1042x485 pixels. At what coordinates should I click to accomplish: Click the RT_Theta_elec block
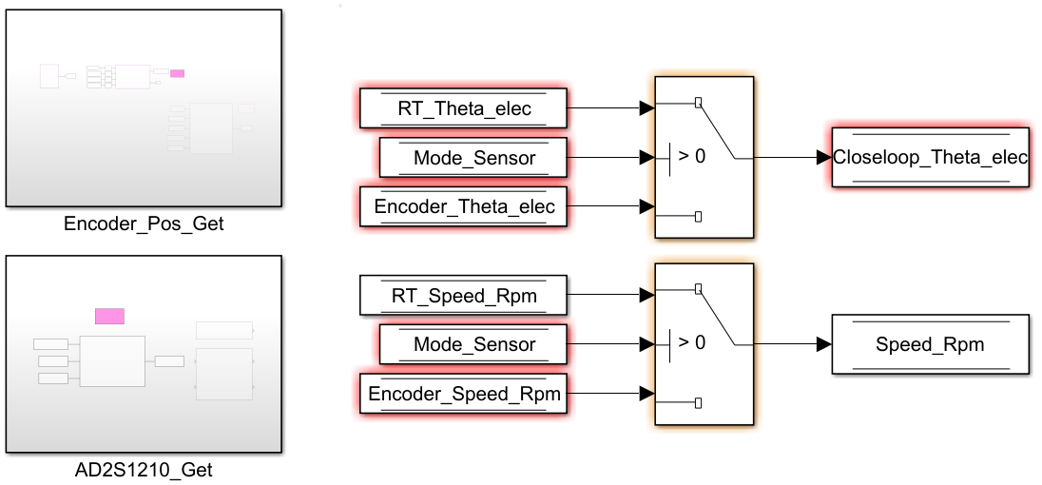tap(463, 108)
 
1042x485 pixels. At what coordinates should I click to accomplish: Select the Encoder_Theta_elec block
tap(463, 206)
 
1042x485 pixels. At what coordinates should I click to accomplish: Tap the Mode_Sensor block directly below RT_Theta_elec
tap(473, 158)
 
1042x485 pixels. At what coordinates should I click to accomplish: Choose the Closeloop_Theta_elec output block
tap(930, 157)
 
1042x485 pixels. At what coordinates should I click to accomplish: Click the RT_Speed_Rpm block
tap(463, 296)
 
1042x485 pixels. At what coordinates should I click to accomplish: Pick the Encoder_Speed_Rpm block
tap(463, 393)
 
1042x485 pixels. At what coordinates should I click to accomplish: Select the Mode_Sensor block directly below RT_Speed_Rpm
tap(473, 344)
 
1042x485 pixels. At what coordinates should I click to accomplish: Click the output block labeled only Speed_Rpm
tap(930, 344)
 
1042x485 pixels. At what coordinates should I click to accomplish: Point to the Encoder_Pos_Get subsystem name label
tap(144, 225)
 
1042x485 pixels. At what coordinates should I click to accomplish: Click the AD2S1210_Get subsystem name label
tap(144, 469)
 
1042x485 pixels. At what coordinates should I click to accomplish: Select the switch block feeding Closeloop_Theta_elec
tap(704, 157)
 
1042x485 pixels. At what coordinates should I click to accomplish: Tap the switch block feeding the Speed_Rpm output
tap(704, 344)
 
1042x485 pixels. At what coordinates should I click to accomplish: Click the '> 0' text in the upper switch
tap(692, 157)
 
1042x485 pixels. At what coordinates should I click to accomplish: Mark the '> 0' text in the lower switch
tap(692, 343)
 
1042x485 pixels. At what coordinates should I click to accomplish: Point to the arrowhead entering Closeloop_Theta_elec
tap(824, 157)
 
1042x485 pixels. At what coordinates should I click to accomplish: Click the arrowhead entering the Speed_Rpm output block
tap(824, 344)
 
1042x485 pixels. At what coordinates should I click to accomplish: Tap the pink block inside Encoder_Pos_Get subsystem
tap(177, 73)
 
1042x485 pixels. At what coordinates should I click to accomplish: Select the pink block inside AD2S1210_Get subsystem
tap(109, 316)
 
